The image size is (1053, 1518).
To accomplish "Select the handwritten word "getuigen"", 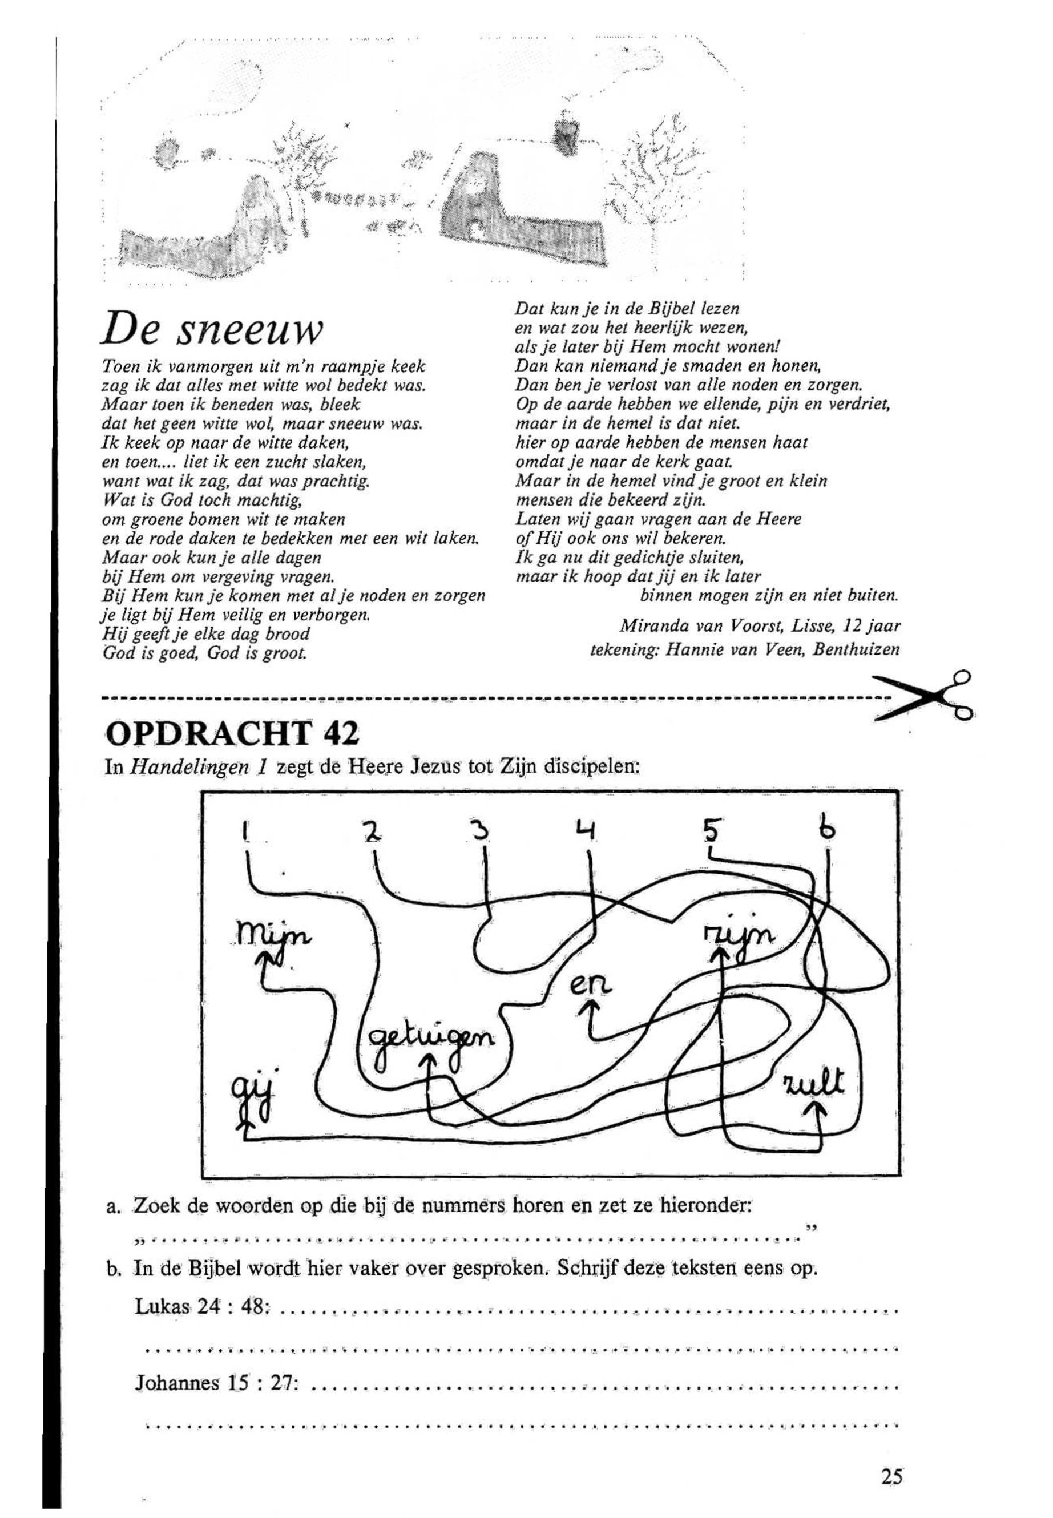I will click(432, 1041).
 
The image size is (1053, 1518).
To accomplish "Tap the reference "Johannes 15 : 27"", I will click(216, 1383).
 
